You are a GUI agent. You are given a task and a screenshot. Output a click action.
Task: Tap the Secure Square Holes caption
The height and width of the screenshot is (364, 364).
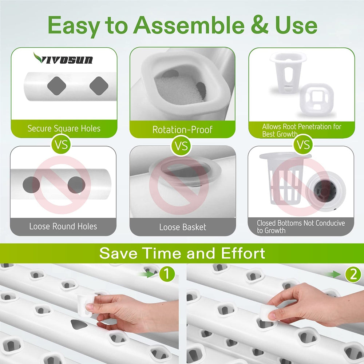64,128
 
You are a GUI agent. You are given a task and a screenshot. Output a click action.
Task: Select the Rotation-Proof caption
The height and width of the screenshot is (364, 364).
182,130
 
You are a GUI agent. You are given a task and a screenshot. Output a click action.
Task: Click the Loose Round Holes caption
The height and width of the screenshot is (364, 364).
63,226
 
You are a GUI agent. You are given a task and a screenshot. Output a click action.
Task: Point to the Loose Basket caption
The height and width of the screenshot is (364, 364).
183,227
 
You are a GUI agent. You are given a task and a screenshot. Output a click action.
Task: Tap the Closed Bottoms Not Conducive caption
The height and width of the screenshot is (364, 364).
301,226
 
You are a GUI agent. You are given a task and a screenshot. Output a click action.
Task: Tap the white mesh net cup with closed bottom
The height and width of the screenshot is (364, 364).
285,178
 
